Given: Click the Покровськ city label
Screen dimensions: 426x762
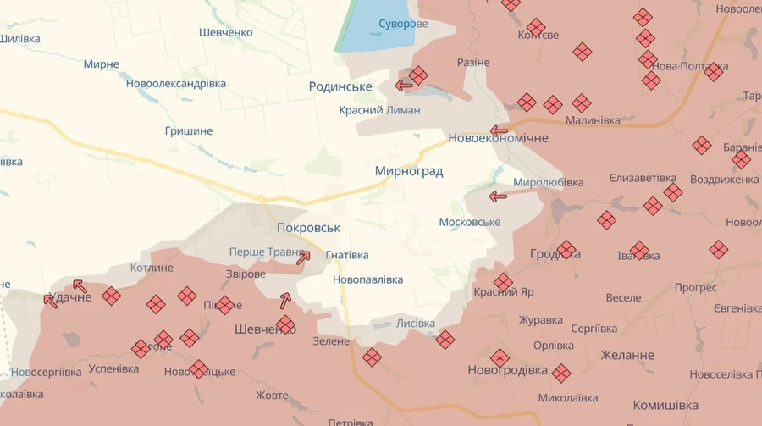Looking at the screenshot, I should click(x=308, y=228).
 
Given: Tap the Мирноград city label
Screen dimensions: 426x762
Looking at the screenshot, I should click(x=409, y=171).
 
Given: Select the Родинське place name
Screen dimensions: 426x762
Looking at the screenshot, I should click(x=341, y=86).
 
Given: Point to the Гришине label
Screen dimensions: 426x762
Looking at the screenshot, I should click(x=189, y=131).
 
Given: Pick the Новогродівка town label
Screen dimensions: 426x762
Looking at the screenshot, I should click(x=508, y=371).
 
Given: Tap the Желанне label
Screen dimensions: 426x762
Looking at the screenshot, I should click(x=627, y=355).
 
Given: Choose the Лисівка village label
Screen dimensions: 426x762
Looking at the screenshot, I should click(x=416, y=324).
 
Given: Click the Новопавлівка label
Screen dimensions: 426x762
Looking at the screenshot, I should click(x=368, y=279).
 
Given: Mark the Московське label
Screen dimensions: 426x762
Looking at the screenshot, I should click(x=469, y=222).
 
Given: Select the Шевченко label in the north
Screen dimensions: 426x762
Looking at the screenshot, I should click(x=226, y=32).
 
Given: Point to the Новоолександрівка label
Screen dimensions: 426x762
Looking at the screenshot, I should click(x=176, y=84).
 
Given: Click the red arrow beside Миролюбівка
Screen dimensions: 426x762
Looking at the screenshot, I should click(x=498, y=196).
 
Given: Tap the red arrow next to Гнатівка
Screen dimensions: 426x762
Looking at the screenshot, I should click(x=303, y=257).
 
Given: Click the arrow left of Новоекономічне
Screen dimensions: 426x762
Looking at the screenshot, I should click(x=499, y=131).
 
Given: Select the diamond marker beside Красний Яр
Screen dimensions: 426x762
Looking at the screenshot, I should click(x=504, y=281).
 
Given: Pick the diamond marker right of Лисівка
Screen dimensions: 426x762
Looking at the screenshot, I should click(x=445, y=340).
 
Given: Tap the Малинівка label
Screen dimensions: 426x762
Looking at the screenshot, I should click(x=593, y=120).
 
